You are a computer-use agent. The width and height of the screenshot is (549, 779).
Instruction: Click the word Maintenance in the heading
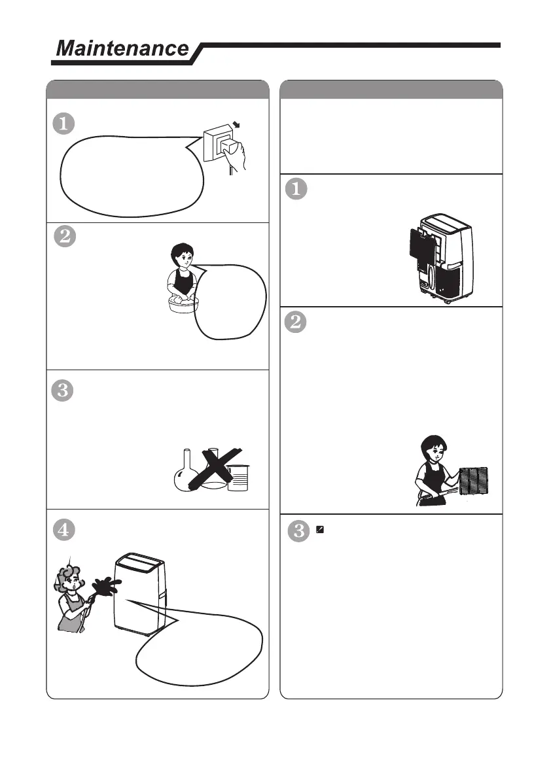(122, 48)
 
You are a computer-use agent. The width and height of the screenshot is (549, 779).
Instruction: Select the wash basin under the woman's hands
(183, 304)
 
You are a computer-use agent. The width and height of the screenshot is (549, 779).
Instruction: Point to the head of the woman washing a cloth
(182, 255)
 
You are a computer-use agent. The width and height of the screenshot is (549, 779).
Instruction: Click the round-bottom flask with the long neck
(186, 472)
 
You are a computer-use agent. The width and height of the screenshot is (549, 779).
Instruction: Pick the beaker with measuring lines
(238, 477)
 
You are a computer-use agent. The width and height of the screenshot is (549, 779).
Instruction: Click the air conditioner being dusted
(139, 594)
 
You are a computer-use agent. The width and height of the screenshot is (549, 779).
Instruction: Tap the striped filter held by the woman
(474, 481)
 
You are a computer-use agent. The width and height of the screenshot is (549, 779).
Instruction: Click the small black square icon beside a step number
(320, 530)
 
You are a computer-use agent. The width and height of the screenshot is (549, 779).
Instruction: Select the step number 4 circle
(64, 530)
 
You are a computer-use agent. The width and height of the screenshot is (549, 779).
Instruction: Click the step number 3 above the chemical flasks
(63, 390)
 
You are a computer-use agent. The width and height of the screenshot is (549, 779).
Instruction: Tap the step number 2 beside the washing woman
(65, 236)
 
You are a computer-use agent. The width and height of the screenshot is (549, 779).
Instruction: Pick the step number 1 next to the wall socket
(63, 124)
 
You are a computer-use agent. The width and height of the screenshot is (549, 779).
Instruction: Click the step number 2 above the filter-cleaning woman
(296, 321)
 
